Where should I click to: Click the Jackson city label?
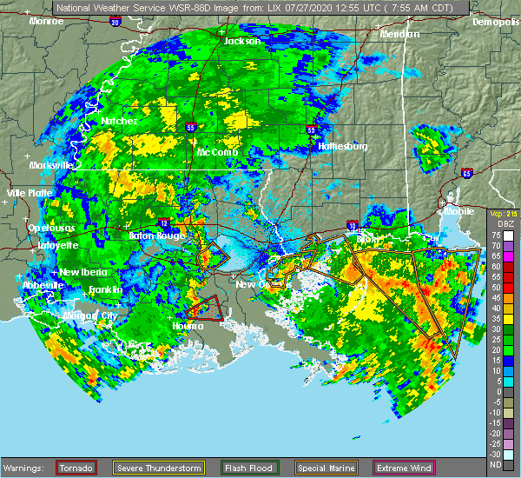click(241, 41)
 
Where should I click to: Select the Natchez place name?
click(119, 122)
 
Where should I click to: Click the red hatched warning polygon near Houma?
click(206, 308)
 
